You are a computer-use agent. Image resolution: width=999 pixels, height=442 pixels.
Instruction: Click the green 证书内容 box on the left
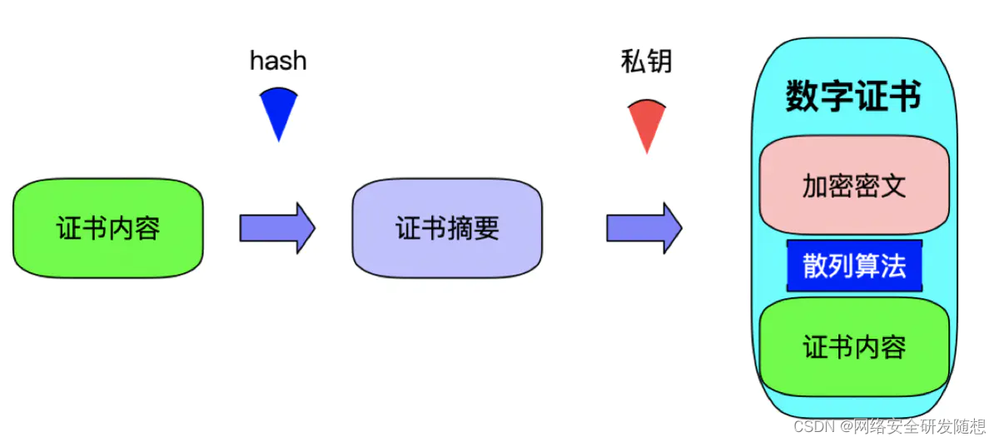(108, 227)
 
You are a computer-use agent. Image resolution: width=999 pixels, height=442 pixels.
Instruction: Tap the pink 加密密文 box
(854, 185)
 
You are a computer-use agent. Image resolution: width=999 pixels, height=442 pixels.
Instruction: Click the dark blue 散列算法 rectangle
(854, 266)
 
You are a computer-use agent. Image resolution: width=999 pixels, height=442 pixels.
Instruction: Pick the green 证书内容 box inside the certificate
(854, 346)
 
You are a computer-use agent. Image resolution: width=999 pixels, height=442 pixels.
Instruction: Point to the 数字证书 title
(854, 97)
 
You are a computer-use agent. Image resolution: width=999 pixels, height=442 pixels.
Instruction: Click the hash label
(278, 61)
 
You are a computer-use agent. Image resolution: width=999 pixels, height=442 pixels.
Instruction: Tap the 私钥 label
(646, 61)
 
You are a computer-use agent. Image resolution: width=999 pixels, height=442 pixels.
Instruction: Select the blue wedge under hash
(278, 112)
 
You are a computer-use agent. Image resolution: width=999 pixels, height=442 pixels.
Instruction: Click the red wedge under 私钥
(646, 123)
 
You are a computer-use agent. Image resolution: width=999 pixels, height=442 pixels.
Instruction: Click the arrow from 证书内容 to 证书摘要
(277, 226)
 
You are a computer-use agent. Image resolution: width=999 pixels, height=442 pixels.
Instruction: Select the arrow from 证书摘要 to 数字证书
(644, 226)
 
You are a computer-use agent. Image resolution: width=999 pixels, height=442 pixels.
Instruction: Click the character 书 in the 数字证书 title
(906, 97)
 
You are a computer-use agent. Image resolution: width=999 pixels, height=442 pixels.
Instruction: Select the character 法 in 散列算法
(893, 266)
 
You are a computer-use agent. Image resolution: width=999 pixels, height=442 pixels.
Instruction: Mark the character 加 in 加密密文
(815, 185)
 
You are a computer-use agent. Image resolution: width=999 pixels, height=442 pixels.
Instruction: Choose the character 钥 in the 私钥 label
(659, 61)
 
